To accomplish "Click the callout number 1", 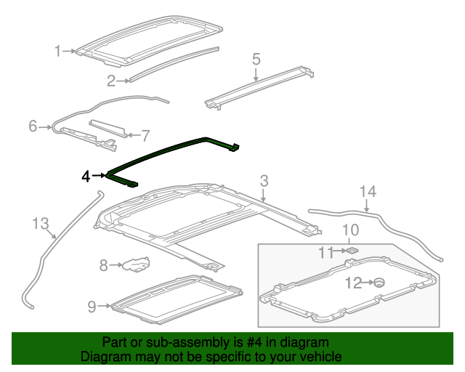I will (58, 51).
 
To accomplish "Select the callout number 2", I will (111, 80).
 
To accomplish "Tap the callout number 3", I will (264, 180).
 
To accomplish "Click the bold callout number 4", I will (86, 176).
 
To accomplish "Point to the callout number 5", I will (256, 58).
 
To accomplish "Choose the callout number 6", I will (33, 126).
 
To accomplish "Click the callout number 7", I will (145, 135).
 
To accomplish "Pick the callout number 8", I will (103, 265).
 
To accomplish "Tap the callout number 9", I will (92, 307).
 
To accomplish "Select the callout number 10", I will (350, 230).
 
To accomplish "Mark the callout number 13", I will (41, 222).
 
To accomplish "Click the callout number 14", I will (369, 192).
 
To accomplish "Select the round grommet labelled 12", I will (378, 283).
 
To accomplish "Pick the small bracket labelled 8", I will (134, 264).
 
